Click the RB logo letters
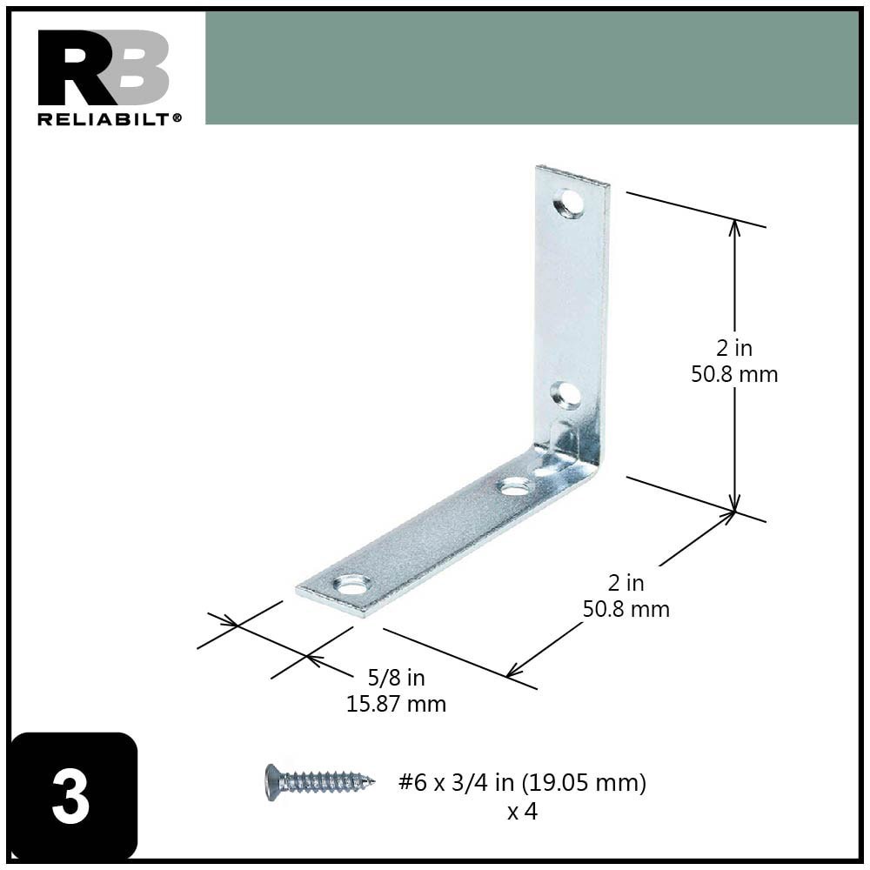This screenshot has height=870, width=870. [x=103, y=68]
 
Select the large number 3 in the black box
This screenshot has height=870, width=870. [x=71, y=798]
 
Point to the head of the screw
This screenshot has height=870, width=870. [x=272, y=781]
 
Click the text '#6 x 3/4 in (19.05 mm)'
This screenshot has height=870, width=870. [x=522, y=783]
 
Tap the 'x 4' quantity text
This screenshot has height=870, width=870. [x=522, y=812]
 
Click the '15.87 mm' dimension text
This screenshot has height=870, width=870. [x=397, y=704]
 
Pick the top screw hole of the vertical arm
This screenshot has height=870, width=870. [x=570, y=204]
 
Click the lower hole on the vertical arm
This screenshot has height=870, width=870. [x=566, y=396]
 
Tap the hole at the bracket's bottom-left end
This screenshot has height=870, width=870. [x=351, y=584]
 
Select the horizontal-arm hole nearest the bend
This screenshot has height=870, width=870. [x=516, y=485]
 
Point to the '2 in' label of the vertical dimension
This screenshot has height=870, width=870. [x=734, y=348]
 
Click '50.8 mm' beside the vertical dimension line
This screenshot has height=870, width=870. [x=734, y=374]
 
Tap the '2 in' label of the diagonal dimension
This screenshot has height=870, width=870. [x=626, y=583]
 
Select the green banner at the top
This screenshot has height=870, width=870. [x=531, y=68]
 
